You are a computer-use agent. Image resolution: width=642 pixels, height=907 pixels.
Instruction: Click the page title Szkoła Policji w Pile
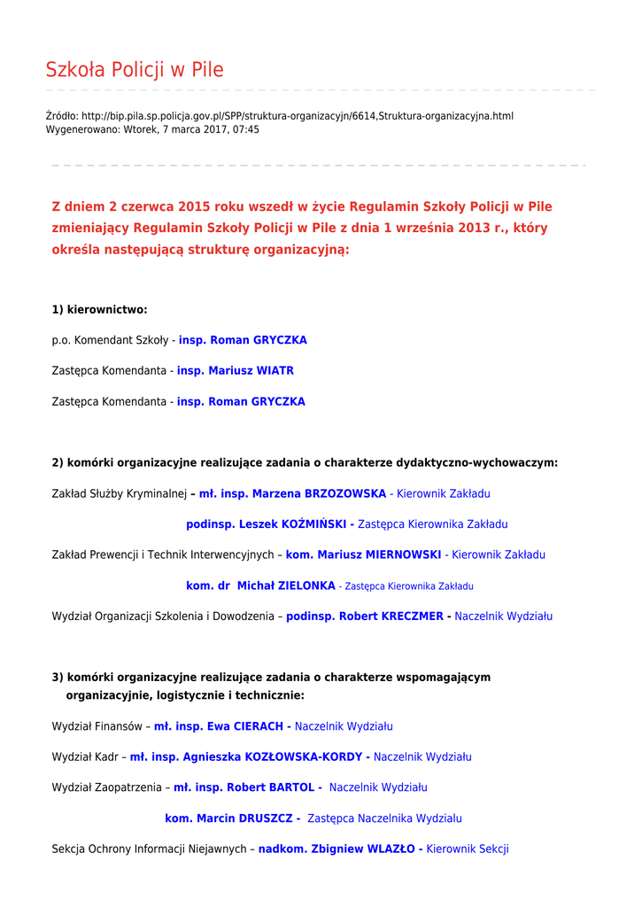coord(135,70)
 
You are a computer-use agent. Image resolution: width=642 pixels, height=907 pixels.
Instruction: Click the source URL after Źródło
coord(298,116)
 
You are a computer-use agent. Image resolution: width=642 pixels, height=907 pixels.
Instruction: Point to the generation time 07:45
coord(246,129)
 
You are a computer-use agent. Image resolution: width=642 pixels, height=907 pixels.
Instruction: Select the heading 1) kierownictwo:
coord(99,309)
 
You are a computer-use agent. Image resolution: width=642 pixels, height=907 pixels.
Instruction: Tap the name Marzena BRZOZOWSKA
coord(319,493)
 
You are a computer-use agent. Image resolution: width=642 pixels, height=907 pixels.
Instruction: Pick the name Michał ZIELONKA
coord(286,585)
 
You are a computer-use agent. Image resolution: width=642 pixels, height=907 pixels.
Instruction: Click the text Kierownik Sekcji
coord(468,849)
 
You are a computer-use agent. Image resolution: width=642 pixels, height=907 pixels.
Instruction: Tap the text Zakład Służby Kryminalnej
coord(120,493)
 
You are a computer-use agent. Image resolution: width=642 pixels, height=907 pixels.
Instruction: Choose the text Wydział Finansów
coord(97,726)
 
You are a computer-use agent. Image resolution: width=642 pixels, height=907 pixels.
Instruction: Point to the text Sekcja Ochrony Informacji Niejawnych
coord(149,849)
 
